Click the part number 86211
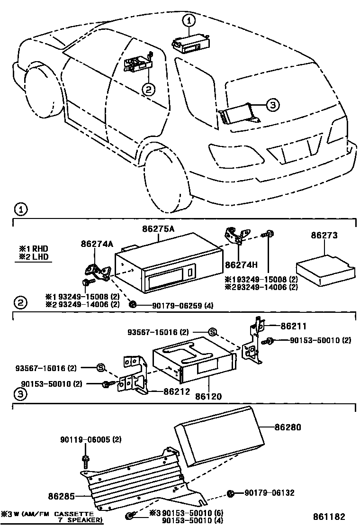[293, 326]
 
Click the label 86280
[288, 427]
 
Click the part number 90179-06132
[270, 493]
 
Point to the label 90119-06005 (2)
[91, 439]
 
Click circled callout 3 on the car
[273, 105]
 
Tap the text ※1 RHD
[34, 248]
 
